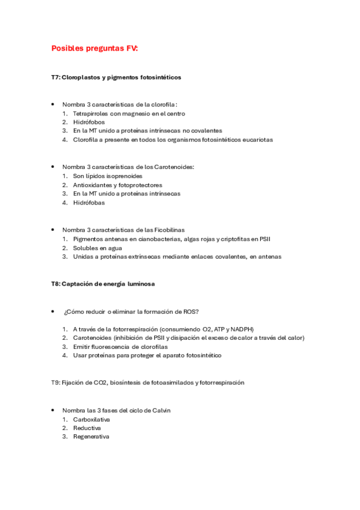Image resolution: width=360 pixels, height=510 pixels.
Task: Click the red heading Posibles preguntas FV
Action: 94,48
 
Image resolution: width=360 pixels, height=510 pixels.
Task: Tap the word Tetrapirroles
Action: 91,113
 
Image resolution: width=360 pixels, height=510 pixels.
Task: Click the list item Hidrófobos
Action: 88,122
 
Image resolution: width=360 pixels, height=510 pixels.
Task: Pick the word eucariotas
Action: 258,140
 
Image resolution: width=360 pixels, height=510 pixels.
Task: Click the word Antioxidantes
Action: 93,185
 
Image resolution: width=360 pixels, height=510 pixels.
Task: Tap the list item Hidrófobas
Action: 88,203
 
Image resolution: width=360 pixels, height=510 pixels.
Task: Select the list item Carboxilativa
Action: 91,419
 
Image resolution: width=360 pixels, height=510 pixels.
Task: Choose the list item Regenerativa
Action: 91,437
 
